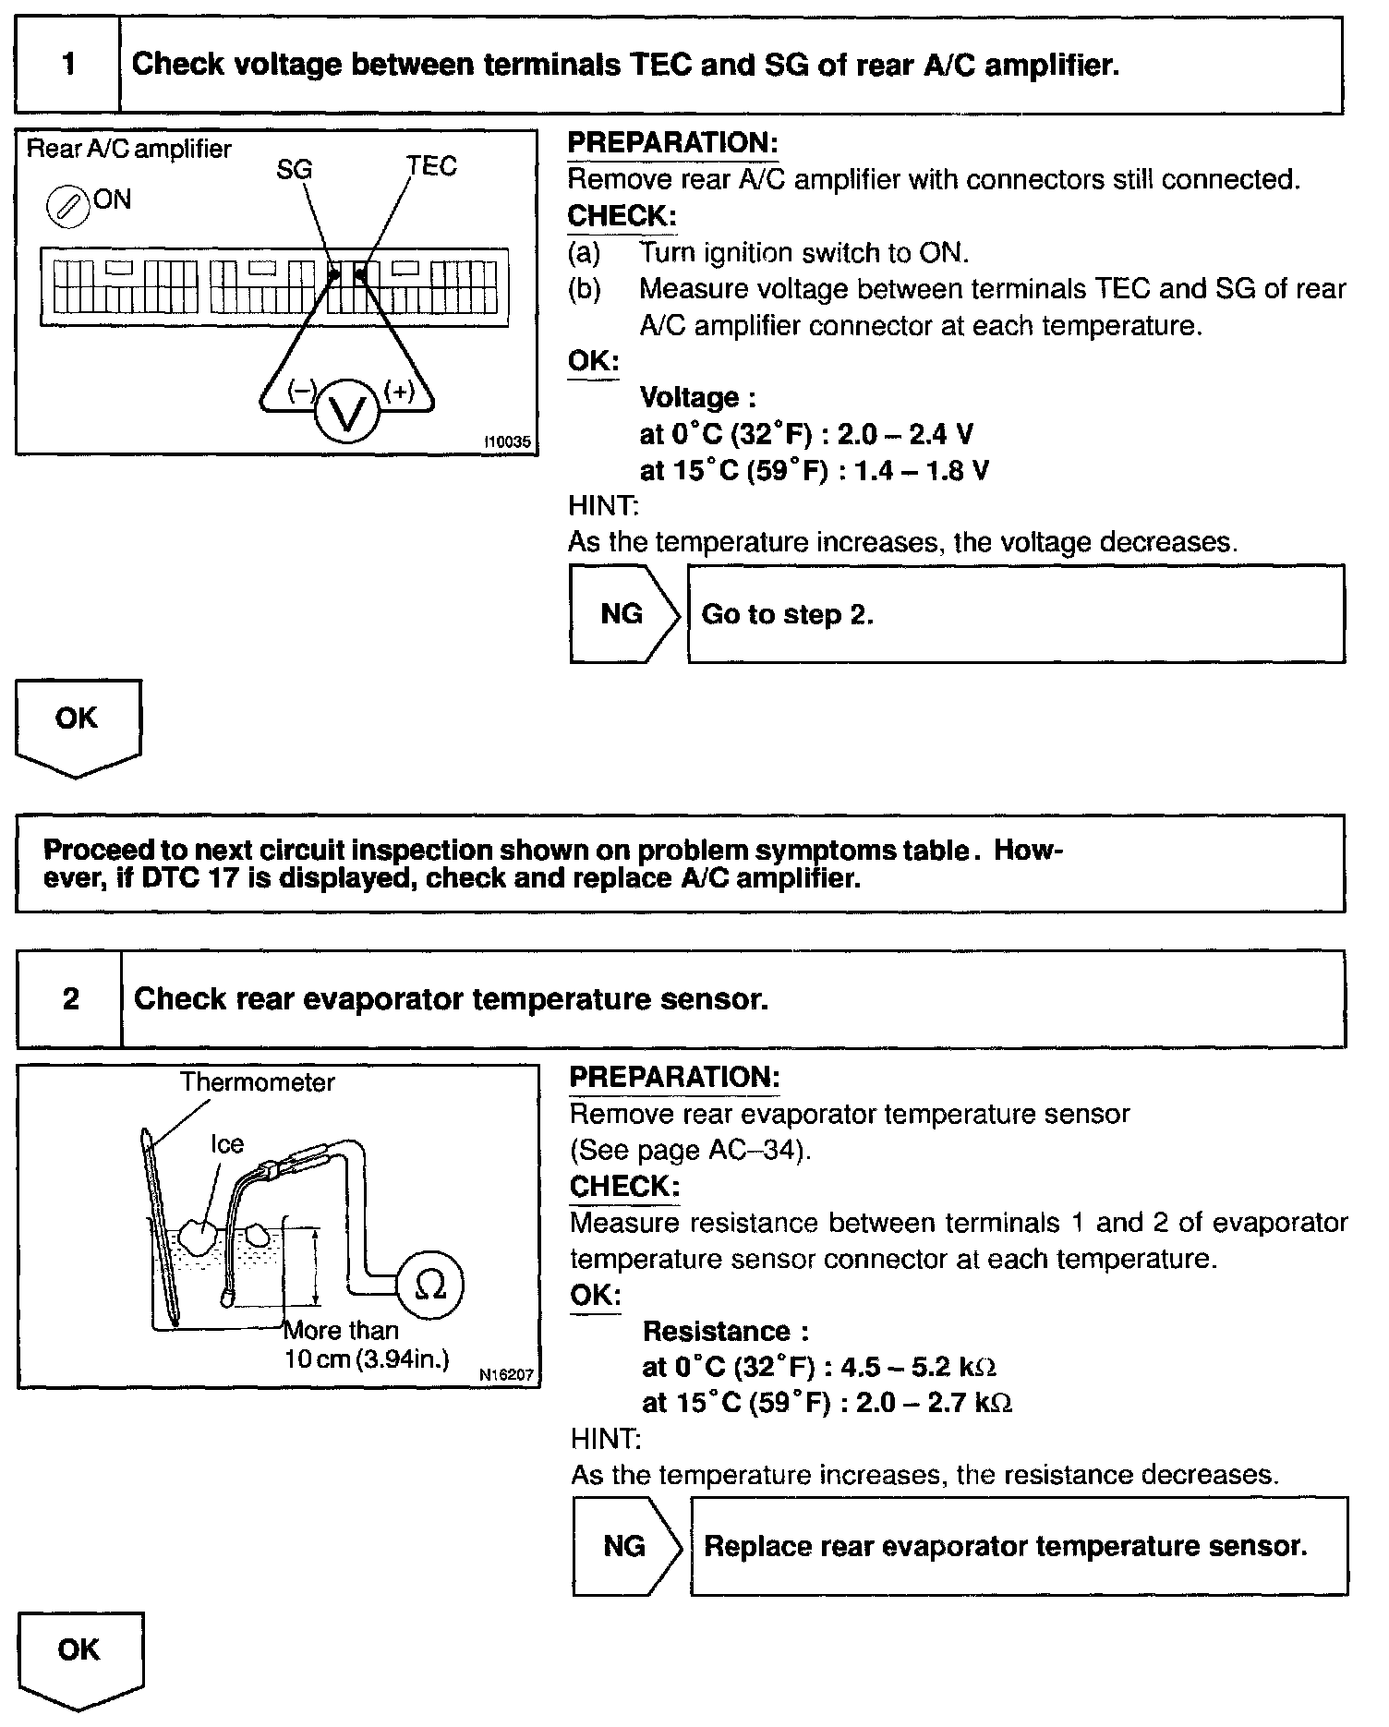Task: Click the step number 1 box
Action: tap(68, 65)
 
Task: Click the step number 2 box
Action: tap(70, 999)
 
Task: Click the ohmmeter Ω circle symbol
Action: tap(429, 1284)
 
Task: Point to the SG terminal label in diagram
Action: tap(295, 170)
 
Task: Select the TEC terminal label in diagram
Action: tap(432, 167)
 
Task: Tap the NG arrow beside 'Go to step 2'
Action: tap(623, 614)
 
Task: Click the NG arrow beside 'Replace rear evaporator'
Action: tap(626, 1547)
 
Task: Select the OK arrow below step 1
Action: tap(78, 725)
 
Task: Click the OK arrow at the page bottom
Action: tap(80, 1658)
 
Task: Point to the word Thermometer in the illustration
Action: tap(257, 1082)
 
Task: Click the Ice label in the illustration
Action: tap(227, 1144)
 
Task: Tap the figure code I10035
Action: tap(507, 442)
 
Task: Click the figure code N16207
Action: tap(507, 1375)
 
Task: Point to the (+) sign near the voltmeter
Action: tap(399, 392)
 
